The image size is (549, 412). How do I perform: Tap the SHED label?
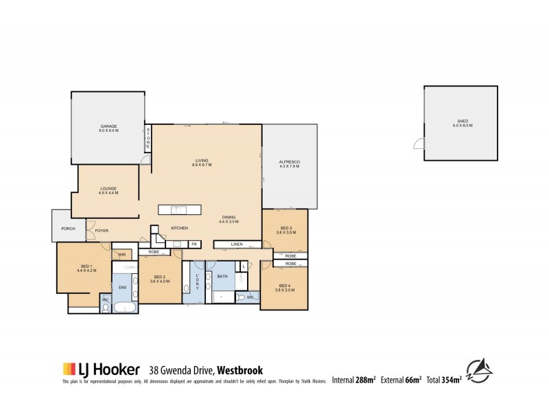[458, 123]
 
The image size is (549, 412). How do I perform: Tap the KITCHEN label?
[180, 228]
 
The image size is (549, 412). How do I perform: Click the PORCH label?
[68, 229]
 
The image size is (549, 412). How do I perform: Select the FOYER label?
[102, 231]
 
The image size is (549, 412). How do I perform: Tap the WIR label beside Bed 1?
[121, 255]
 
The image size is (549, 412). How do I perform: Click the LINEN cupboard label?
[237, 244]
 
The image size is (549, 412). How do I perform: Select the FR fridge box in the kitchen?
[194, 244]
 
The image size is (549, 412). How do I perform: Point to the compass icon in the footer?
[479, 371]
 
